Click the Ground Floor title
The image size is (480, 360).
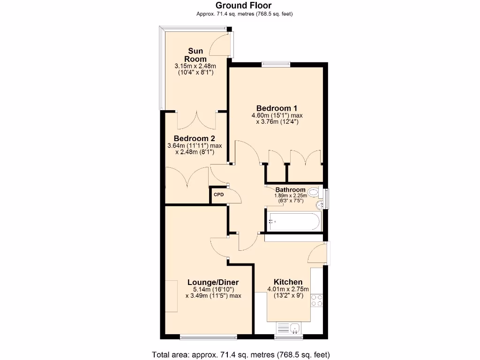243,6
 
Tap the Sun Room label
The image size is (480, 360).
195,55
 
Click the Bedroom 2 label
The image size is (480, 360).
194,139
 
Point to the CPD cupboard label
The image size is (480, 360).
218,195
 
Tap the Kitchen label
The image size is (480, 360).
288,282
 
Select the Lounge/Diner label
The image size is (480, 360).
213,282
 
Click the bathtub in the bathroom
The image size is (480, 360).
293,221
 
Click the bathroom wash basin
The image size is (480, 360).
321,204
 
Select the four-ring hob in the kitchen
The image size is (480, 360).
317,300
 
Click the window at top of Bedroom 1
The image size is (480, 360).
276,64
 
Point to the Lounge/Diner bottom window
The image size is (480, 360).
196,336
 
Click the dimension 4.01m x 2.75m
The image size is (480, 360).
288,289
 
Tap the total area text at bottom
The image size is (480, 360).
241,354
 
